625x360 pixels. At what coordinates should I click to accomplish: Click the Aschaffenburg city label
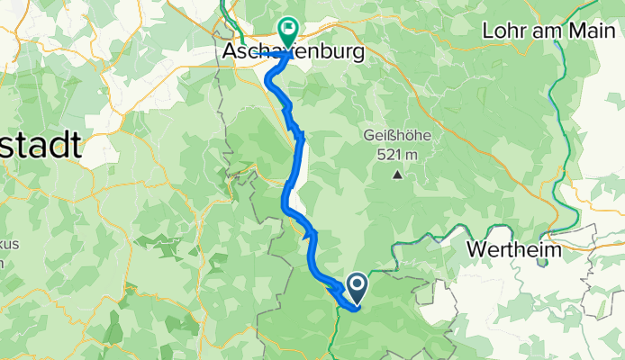coord(294,53)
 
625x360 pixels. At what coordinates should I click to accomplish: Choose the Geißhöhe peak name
coord(396,136)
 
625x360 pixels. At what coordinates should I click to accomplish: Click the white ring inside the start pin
coord(357,285)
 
